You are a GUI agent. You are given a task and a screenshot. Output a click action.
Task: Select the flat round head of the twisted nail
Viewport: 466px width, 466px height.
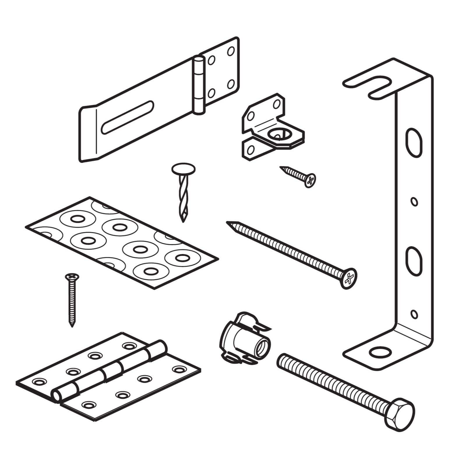point(183,169)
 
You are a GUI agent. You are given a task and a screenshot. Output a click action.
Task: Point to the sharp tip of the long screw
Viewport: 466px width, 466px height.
point(228,223)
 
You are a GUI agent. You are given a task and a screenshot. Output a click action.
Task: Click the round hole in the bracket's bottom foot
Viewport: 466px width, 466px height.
point(380,352)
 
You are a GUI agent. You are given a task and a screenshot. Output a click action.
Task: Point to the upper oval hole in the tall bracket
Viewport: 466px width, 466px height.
point(414,143)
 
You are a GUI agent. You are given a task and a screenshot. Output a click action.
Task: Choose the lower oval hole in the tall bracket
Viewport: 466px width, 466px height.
point(414,261)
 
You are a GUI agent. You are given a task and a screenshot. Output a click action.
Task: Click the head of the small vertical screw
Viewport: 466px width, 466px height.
point(72,276)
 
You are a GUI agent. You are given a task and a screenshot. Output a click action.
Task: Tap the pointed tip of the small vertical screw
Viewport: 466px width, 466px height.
point(72,326)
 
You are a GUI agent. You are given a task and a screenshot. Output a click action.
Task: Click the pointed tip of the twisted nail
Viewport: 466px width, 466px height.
point(183,220)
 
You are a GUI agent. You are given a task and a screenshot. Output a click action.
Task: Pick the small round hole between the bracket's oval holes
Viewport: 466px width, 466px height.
point(414,202)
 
